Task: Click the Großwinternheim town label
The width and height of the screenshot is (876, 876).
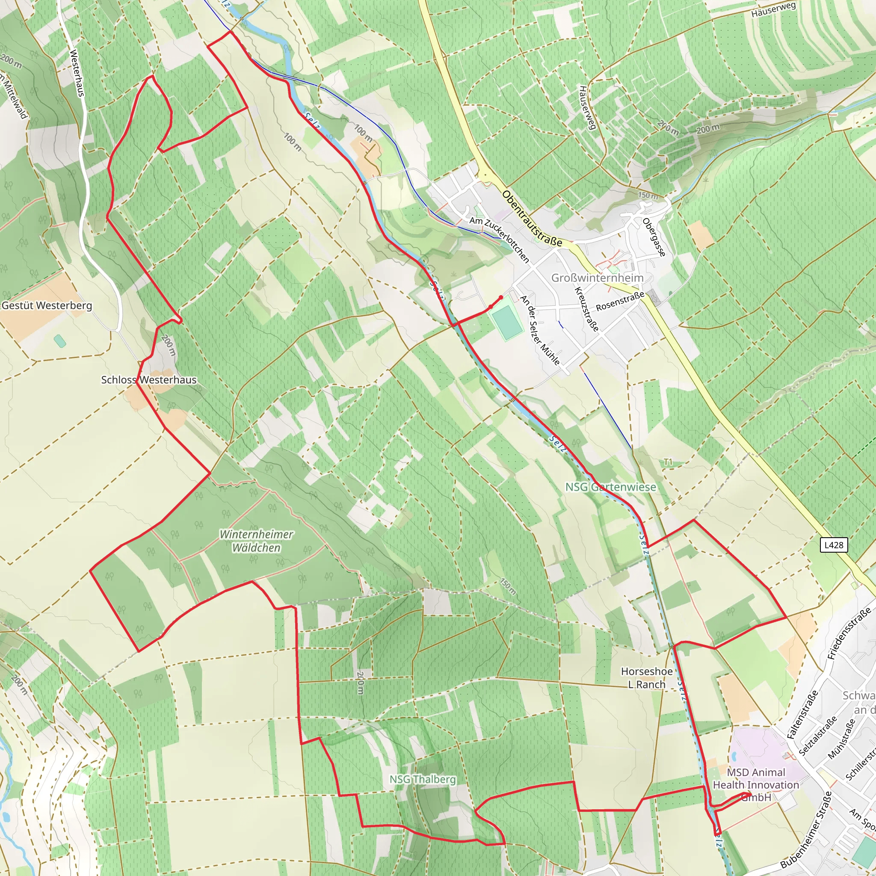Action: (597, 278)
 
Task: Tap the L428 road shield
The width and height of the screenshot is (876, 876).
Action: (834, 545)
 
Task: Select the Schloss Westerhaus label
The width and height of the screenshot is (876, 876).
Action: (149, 380)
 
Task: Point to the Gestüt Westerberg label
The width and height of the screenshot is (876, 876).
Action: (47, 305)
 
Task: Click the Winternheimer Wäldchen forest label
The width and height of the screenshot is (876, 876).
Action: (257, 541)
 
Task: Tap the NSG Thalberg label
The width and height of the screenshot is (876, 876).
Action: (423, 779)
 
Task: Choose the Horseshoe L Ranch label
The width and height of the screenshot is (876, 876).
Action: (647, 678)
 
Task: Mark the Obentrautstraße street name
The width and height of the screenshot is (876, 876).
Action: (532, 219)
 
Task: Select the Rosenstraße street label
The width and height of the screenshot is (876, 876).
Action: (620, 301)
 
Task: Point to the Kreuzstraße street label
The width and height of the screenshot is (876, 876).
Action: (587, 309)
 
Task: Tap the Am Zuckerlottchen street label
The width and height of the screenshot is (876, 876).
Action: (499, 240)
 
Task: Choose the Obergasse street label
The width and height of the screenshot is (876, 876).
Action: (654, 237)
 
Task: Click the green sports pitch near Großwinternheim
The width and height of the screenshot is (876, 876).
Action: (506, 322)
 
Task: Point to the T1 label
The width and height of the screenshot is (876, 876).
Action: (668, 462)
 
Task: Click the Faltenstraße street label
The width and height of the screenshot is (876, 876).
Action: (802, 715)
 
